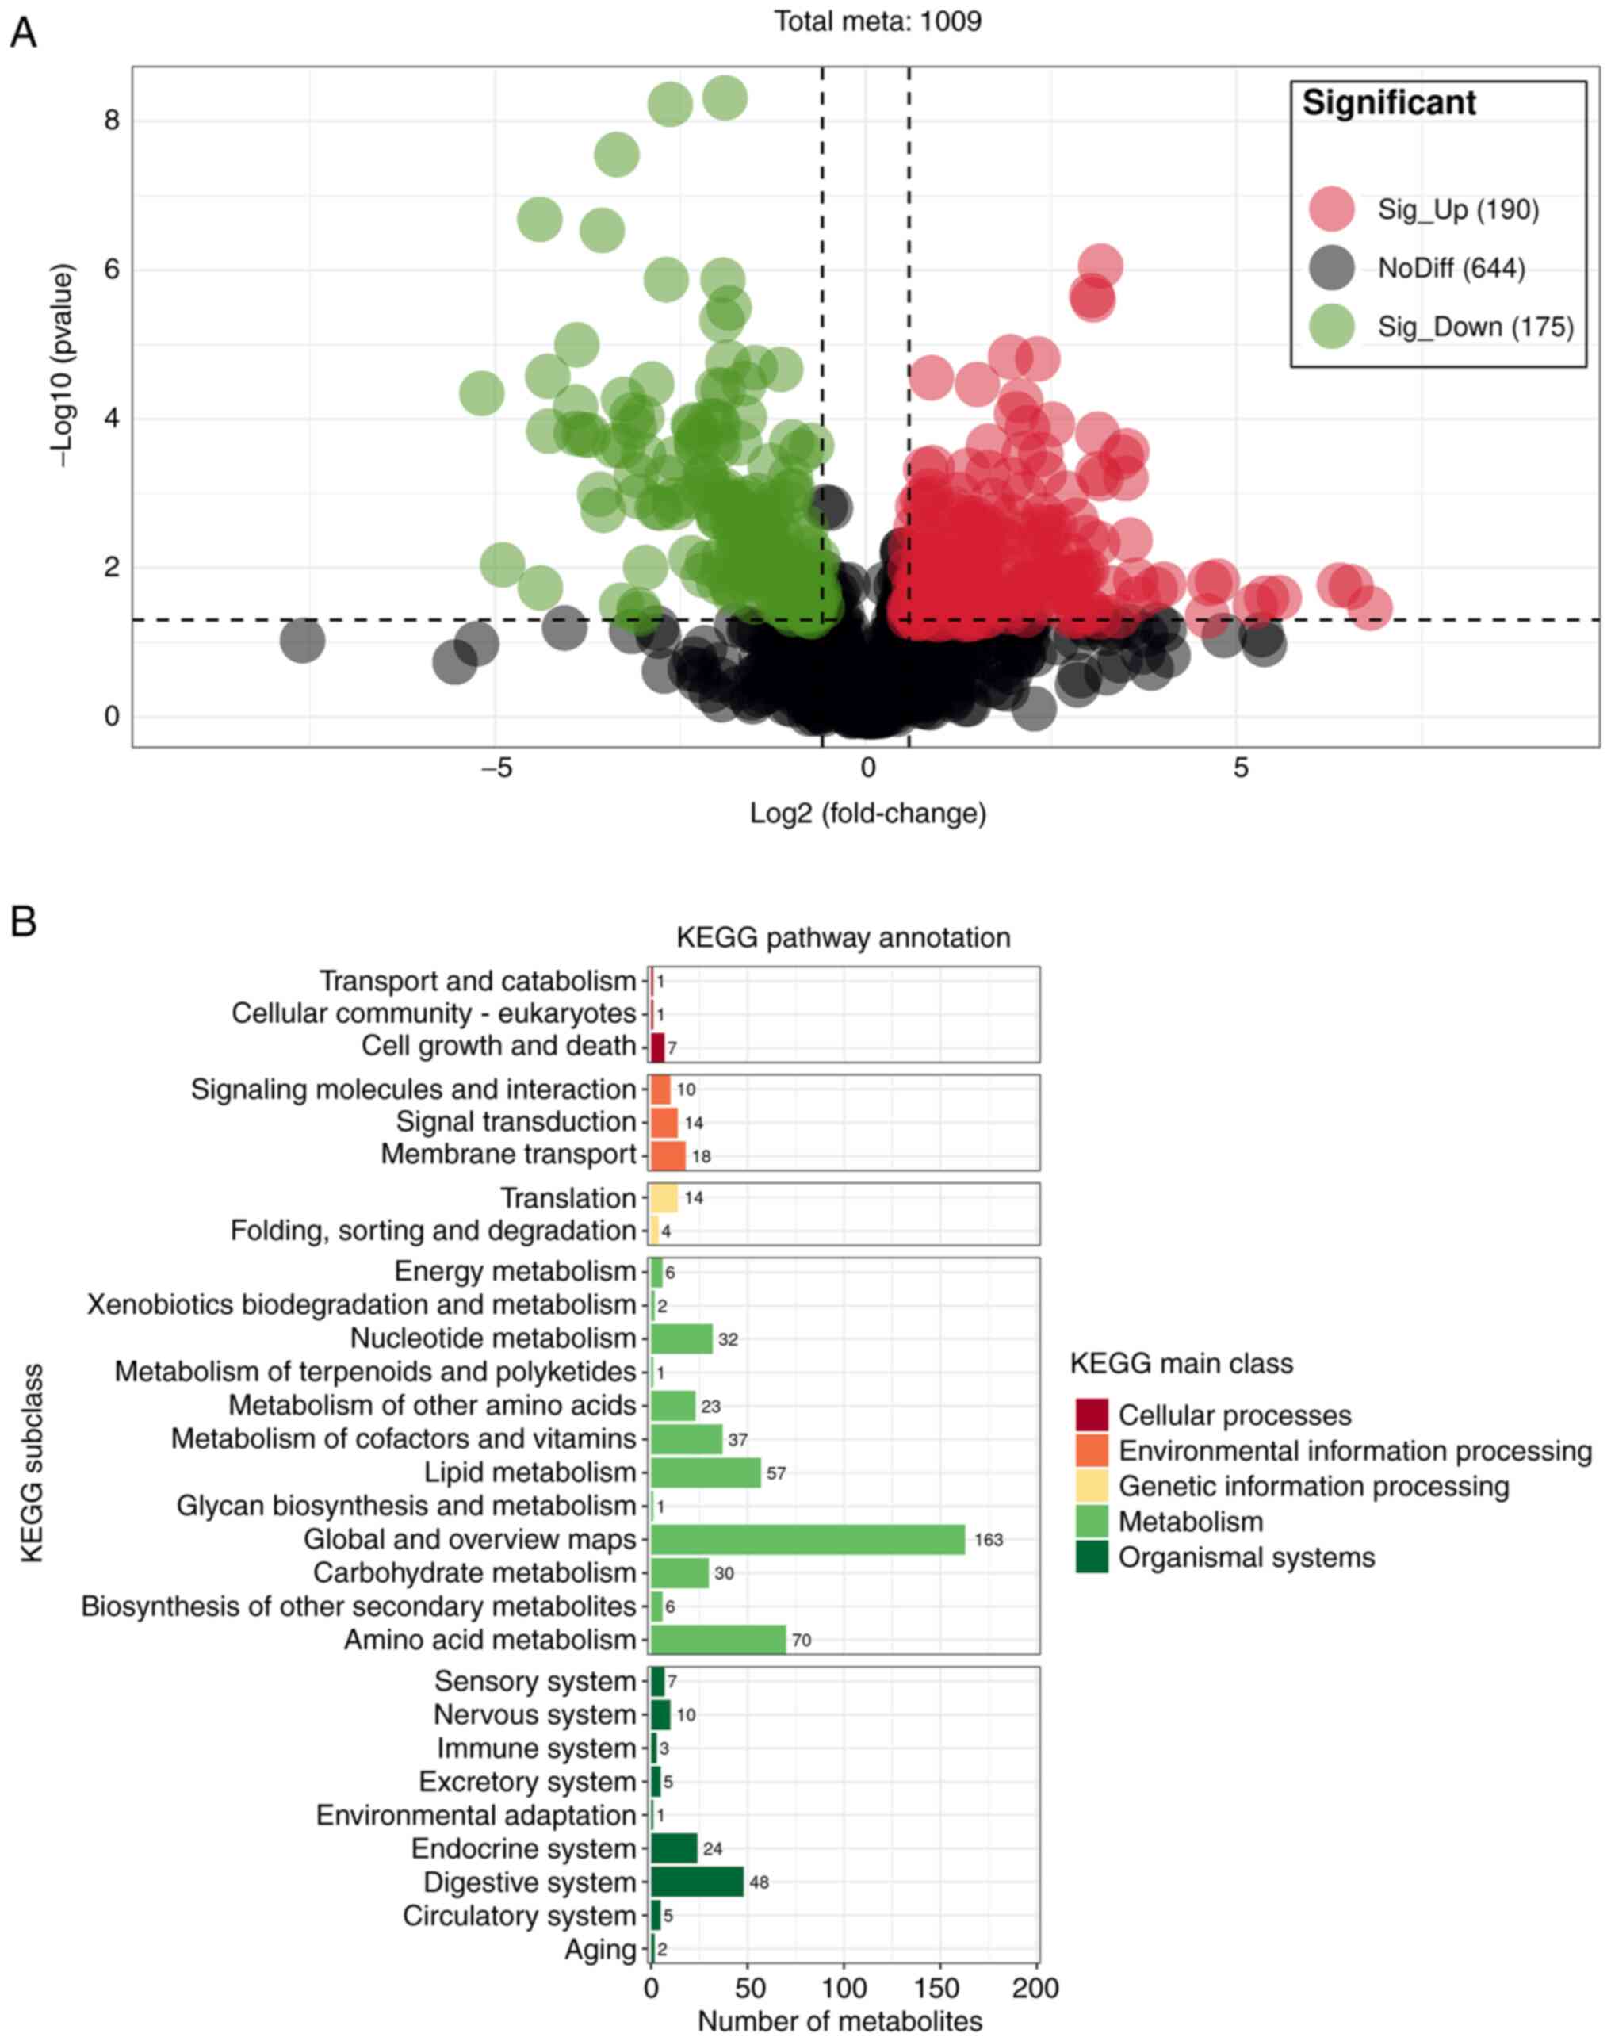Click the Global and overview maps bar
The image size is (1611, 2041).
pos(807,1539)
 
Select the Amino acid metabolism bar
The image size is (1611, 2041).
pos(717,1639)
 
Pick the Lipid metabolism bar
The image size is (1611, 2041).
pos(706,1472)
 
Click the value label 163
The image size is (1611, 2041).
pos(989,1540)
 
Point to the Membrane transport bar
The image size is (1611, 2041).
pos(668,1155)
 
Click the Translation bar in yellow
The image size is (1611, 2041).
pos(664,1198)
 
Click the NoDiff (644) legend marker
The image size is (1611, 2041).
pos(1332,269)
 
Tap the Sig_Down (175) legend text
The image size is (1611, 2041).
pos(1475,327)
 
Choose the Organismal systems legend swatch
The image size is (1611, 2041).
pos(1091,1557)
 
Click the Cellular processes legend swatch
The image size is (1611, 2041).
pos(1091,1415)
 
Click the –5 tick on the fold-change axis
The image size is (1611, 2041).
pos(496,768)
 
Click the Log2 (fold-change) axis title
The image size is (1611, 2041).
pos(868,813)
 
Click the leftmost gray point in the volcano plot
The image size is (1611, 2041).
pos(302,641)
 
